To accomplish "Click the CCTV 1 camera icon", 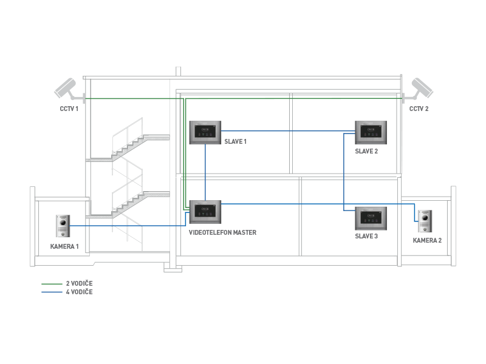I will [68, 89].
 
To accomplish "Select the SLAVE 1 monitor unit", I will [205, 133].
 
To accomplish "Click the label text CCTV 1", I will [69, 109].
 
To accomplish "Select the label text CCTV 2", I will [419, 109].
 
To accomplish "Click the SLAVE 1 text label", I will [236, 142].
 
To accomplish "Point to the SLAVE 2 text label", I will [366, 151].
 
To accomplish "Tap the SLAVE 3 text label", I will [366, 236].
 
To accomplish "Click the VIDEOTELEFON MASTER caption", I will [222, 232].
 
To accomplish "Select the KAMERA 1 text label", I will [64, 246].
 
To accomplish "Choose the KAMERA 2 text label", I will [427, 241].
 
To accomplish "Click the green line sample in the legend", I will [52, 283].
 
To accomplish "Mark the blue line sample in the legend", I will [52, 292].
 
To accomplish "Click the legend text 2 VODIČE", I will [79, 283].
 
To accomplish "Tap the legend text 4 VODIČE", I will [79, 292].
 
